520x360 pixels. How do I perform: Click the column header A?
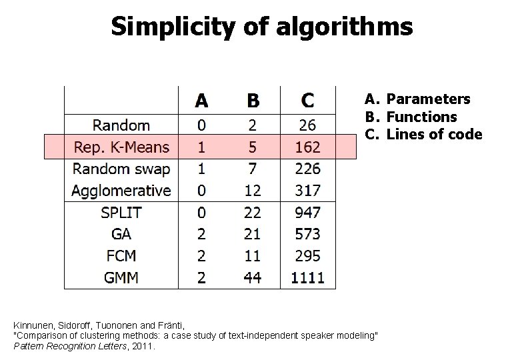[201, 101]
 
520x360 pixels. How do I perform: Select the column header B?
[253, 101]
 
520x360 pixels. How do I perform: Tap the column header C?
[307, 101]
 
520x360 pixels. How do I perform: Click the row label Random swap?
[121, 169]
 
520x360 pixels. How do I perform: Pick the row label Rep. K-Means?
[121, 147]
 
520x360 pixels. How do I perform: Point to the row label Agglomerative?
[121, 191]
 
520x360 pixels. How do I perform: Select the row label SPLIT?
[121, 213]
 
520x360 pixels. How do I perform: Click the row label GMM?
[121, 277]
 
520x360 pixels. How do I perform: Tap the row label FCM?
[121, 256]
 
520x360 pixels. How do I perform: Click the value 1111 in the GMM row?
[307, 277]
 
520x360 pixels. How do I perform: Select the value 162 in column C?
[307, 147]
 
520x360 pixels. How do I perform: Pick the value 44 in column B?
[253, 277]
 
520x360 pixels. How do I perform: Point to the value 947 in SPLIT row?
[307, 213]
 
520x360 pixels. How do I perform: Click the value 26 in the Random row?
[307, 125]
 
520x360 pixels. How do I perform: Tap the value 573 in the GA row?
[307, 234]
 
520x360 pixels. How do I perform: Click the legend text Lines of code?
[434, 134]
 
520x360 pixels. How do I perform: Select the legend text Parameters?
[429, 99]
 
